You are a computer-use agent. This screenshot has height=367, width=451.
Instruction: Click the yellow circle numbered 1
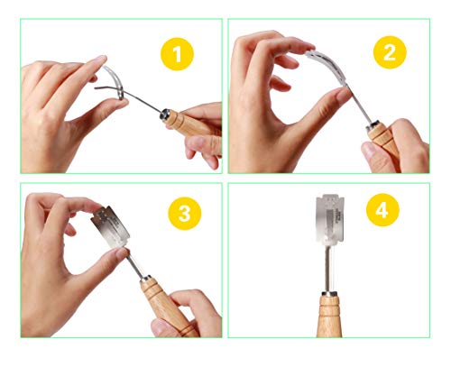tap(177, 55)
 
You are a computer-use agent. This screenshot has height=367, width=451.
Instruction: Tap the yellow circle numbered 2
tap(389, 52)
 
